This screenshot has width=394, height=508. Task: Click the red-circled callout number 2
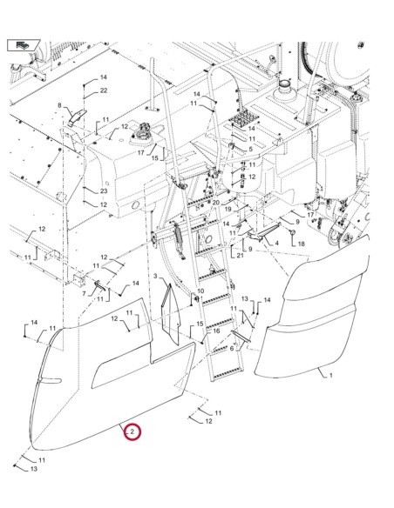pyautogui.click(x=132, y=431)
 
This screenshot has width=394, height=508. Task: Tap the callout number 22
pyautogui.click(x=103, y=90)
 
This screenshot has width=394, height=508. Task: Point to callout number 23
pyautogui.click(x=103, y=190)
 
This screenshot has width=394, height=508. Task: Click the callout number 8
pyautogui.click(x=60, y=105)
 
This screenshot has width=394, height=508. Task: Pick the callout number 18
pyautogui.click(x=301, y=244)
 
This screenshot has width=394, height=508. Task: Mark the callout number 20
pyautogui.click(x=214, y=202)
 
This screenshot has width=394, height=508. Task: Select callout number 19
pyautogui.click(x=227, y=211)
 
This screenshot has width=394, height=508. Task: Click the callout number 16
pyautogui.click(x=216, y=331)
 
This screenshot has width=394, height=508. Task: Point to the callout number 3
pyautogui.click(x=155, y=276)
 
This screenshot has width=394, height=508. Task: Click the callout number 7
pyautogui.click(x=84, y=294)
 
